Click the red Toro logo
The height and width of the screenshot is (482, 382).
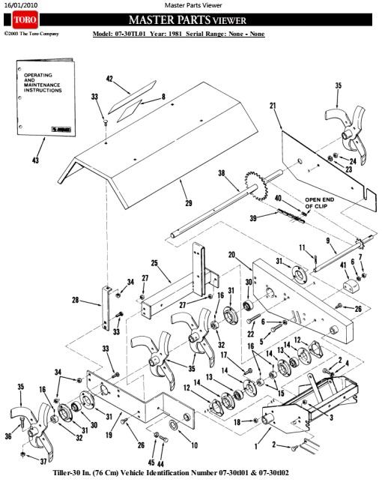pyautogui.click(x=25, y=19)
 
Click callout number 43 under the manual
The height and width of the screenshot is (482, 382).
pyautogui.click(x=36, y=160)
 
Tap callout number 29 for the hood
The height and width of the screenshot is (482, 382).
pyautogui.click(x=189, y=202)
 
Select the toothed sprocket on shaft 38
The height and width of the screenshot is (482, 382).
pyautogui.click(x=257, y=186)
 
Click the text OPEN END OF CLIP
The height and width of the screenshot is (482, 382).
pyautogui.click(x=319, y=203)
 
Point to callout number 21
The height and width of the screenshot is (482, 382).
pyautogui.click(x=273, y=106)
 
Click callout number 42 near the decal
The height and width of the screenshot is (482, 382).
pyautogui.click(x=109, y=79)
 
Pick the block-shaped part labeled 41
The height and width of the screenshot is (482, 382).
pyautogui.click(x=351, y=287)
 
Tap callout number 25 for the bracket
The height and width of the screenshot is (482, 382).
pyautogui.click(x=154, y=263)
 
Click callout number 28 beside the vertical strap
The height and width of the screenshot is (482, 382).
pyautogui.click(x=76, y=300)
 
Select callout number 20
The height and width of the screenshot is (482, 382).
pyautogui.click(x=232, y=255)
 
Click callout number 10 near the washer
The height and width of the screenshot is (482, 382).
pyautogui.click(x=195, y=445)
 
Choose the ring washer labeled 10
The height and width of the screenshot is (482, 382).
pyautogui.click(x=173, y=426)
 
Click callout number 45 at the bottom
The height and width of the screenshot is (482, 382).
pyautogui.click(x=151, y=463)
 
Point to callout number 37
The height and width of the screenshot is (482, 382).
pyautogui.click(x=43, y=461)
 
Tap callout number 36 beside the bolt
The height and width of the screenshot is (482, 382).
pyautogui.click(x=8, y=436)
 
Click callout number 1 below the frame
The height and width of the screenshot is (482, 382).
pyautogui.click(x=256, y=446)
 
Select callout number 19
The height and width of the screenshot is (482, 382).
pyautogui.click(x=109, y=435)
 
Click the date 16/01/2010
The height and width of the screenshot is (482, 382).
pyautogui.click(x=20, y=5)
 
